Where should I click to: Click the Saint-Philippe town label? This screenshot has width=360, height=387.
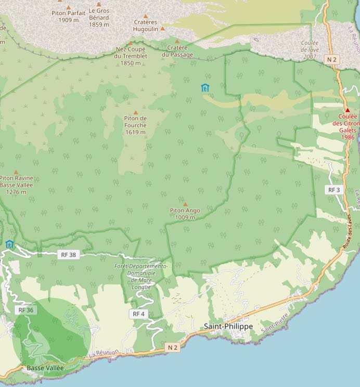coord(228,326)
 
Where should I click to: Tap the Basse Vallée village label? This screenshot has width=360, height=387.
coord(45,368)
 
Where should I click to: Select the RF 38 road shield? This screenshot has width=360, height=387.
coord(68,254)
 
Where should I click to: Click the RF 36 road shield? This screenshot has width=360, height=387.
coord(25,309)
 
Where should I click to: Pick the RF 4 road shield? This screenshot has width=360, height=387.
coord(138,314)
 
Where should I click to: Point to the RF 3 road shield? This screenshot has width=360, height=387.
coord(333,190)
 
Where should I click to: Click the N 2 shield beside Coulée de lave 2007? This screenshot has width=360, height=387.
coord(332,60)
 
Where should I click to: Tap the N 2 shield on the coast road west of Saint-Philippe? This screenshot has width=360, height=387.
coord(173,347)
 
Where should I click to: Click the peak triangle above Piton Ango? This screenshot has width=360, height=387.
coord(185,204)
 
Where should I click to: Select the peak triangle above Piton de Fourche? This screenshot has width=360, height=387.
coord(136,112)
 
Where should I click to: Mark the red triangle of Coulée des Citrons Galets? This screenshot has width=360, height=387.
coord(348,110)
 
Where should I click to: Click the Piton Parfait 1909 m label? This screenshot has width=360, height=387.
coord(69,16)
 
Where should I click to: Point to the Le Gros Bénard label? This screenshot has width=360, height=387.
coord(99,17)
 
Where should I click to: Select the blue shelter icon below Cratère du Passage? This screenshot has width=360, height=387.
coord(205,87)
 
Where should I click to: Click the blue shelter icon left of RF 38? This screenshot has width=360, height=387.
coord(9,244)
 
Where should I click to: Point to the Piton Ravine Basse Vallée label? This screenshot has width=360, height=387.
coord(16,185)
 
